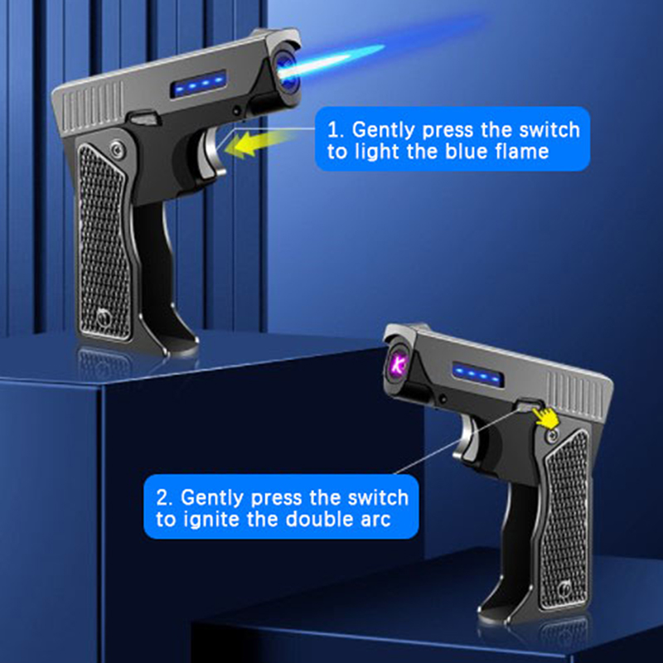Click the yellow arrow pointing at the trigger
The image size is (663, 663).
[x=258, y=143]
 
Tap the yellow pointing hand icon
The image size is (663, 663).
[x=546, y=417]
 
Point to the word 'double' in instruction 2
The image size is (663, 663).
[x=318, y=520]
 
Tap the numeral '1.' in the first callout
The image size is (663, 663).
[x=337, y=130]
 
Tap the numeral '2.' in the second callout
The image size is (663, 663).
[x=164, y=498]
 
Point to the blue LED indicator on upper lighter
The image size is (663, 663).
[x=198, y=85]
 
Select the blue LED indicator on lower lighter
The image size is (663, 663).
[x=478, y=375]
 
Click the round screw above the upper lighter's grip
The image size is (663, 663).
[x=116, y=149]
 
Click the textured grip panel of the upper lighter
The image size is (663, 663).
[x=104, y=242]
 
